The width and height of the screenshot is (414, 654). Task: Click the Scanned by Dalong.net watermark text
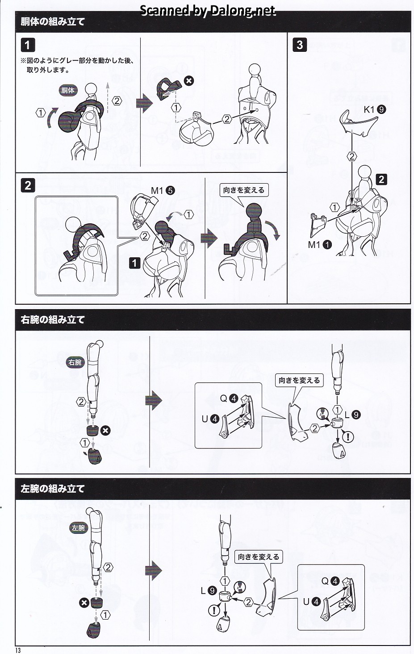[x=208, y=11]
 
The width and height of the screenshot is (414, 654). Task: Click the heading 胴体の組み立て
[x=53, y=21]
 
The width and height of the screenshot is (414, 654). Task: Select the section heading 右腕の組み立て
[x=53, y=320]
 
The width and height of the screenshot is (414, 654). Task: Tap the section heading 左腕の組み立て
[x=53, y=489]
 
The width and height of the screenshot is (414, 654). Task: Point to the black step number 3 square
[x=300, y=45]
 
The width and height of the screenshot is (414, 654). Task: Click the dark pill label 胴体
[x=68, y=90]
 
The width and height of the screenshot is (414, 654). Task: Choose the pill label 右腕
[x=75, y=362]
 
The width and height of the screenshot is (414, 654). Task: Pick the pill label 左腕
[x=79, y=528]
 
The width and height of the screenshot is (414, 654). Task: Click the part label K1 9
[x=375, y=109]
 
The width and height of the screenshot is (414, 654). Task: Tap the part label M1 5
[x=163, y=191]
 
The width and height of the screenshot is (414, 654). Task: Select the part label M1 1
[x=320, y=245]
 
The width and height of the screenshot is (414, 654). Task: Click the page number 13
[x=18, y=650]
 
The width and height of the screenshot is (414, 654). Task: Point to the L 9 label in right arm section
[x=353, y=415]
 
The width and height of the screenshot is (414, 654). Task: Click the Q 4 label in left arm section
[x=330, y=581]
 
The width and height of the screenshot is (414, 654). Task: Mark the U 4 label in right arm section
[x=210, y=419]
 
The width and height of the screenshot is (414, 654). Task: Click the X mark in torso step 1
[x=189, y=81]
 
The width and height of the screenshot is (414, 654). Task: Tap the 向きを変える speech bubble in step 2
[x=244, y=191]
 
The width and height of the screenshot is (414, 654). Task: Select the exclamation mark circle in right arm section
[x=348, y=437]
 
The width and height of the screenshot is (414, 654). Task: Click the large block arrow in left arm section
[x=154, y=570]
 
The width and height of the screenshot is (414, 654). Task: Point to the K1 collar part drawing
[x=358, y=122]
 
